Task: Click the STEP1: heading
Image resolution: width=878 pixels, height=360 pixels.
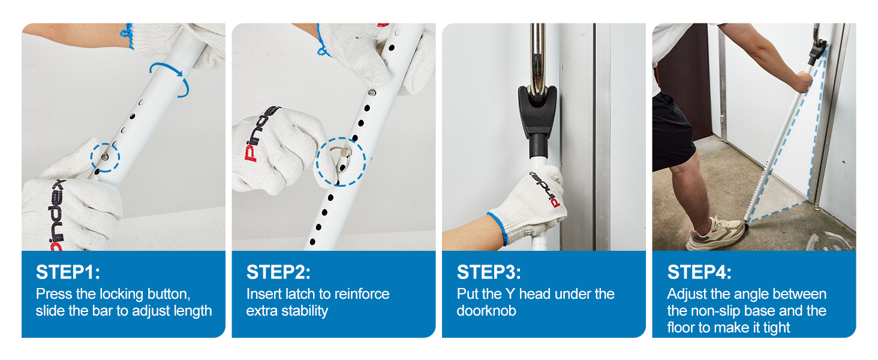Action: [x=68, y=272]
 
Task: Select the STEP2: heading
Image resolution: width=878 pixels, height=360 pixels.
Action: [x=278, y=272]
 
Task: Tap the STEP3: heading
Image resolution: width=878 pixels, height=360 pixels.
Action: [x=489, y=272]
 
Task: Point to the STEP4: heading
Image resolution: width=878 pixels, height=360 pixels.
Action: [x=699, y=272]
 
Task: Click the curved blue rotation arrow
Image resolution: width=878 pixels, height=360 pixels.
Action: [x=172, y=77]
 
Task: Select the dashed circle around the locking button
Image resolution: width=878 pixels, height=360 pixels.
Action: [x=106, y=157]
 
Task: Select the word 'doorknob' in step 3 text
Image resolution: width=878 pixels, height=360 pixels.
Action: [x=486, y=311]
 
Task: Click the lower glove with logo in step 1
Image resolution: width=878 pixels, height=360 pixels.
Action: [x=69, y=207]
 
